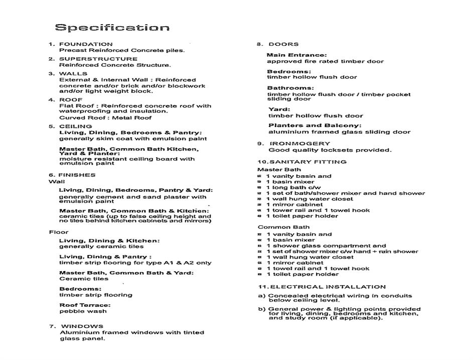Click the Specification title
click(x=112, y=28)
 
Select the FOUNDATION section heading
click(x=86, y=44)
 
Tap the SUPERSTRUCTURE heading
click(x=98, y=59)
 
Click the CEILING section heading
click(x=75, y=127)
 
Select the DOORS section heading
click(x=283, y=44)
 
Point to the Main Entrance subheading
click(x=296, y=55)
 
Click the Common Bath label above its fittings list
click(x=276, y=227)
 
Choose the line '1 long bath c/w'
click(x=293, y=187)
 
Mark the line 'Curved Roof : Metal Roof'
click(x=105, y=118)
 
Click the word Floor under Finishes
click(x=59, y=232)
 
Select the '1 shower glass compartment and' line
click(x=326, y=246)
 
